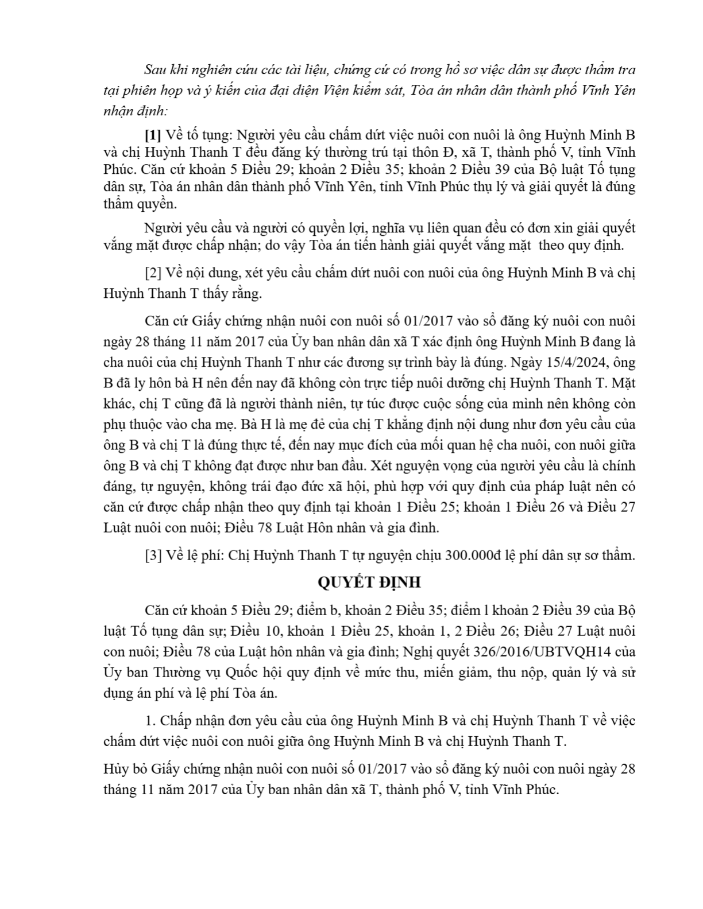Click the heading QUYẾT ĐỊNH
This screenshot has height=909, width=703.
(369, 582)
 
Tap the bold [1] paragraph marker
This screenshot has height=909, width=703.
(153, 135)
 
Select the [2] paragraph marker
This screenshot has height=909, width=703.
(153, 273)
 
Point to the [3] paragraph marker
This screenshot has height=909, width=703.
(153, 555)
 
